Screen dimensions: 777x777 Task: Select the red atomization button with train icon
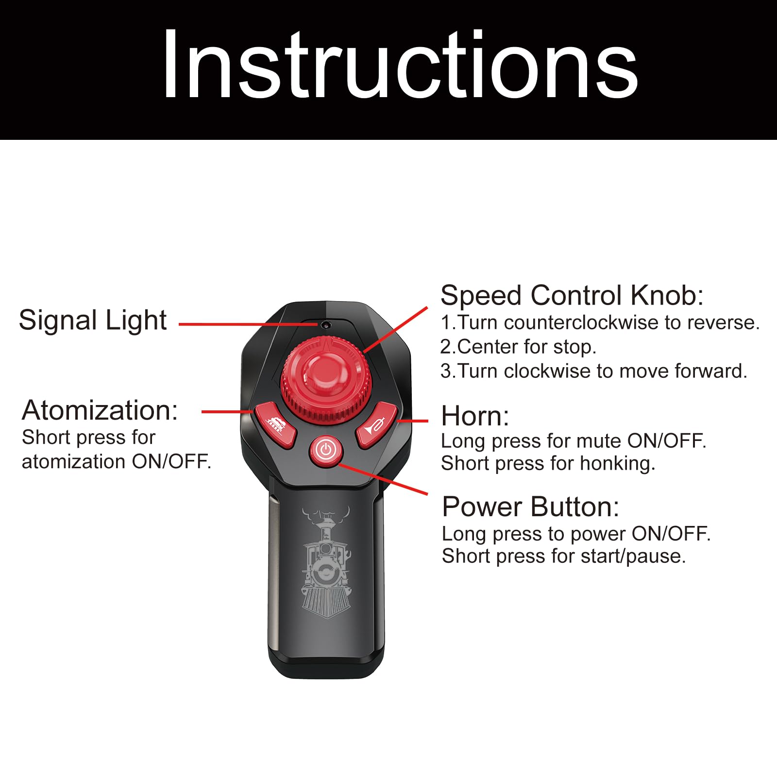[x=275, y=424]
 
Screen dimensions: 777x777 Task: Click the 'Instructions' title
[x=400, y=65]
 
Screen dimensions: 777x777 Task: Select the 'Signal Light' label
[x=93, y=320]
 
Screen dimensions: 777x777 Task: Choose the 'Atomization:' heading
[x=100, y=410]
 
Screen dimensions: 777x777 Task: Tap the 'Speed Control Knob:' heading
[x=572, y=295]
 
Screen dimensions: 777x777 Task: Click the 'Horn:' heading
[x=475, y=416]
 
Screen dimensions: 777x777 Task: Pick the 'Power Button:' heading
[x=531, y=507]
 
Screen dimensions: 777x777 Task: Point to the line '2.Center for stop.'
[x=518, y=347]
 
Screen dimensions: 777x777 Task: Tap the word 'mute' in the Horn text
[x=600, y=441]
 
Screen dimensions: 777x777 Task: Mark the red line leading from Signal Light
[x=249, y=324]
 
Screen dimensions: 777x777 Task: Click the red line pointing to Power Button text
[x=383, y=479]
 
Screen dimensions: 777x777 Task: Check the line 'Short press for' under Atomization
[x=88, y=438]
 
